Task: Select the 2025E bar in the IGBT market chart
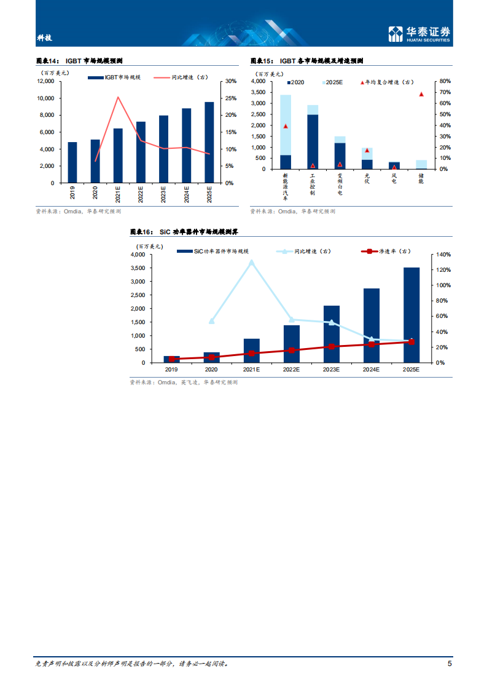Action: coord(209,142)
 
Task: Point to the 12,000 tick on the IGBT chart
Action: coord(45,81)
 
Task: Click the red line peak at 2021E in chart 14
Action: coord(118,97)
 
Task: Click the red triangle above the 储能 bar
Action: coord(421,94)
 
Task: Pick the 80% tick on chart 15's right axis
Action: coord(445,81)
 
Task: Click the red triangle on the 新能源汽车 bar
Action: coord(286,126)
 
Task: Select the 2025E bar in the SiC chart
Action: coord(411,315)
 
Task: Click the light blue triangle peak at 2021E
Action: coord(251,262)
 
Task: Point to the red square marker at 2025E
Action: coord(411,342)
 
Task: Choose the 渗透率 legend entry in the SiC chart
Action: coord(393,251)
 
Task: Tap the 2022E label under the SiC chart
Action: coord(291,370)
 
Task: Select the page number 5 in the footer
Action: coord(450,664)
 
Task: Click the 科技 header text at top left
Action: coord(44,38)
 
